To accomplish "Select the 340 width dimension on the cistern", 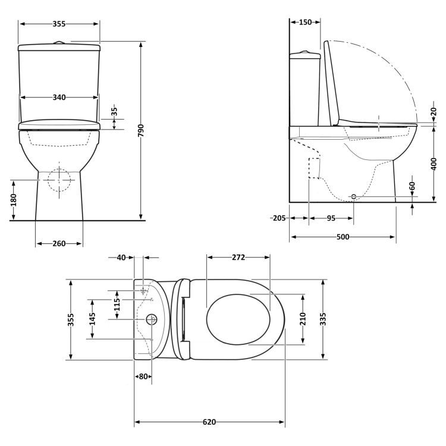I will [58, 97].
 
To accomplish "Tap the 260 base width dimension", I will [58, 243].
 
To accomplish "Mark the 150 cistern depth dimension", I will [304, 23].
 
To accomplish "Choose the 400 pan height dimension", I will [434, 163].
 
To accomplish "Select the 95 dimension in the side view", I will [331, 218].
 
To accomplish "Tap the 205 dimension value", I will [278, 218].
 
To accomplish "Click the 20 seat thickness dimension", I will [434, 111].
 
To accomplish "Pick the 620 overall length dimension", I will [209, 422].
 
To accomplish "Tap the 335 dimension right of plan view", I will [323, 319].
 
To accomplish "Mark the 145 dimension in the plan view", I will [92, 318].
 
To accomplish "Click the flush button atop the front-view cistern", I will [58, 42].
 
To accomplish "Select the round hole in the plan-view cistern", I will [151, 319].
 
